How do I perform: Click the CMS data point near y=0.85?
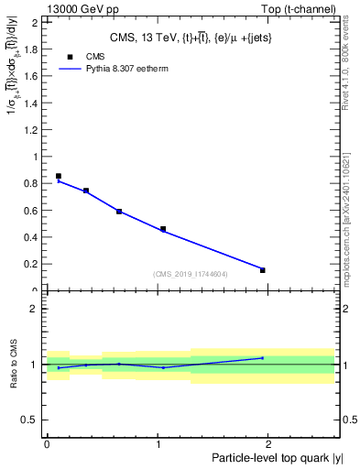pos(59,176)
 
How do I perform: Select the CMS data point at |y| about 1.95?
pos(263,270)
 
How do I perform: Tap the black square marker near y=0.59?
pos(119,212)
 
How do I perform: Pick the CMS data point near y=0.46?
pos(163,229)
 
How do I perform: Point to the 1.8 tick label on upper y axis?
pos(33,49)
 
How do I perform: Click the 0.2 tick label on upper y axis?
pos(33,264)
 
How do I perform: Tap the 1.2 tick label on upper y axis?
pos(33,130)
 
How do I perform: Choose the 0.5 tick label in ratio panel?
pos(33,420)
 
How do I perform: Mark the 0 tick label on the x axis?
pos(47,443)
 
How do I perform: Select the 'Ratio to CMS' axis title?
pos(13,364)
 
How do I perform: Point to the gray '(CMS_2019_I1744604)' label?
pos(191,274)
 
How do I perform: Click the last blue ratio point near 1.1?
pos(263,358)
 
